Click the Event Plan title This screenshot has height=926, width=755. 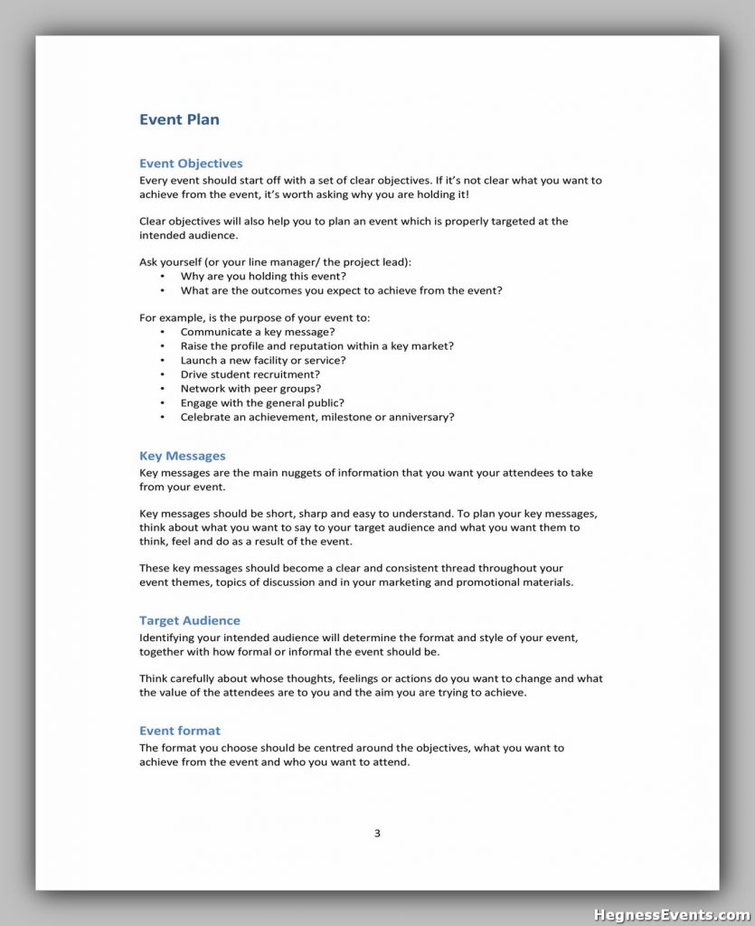pos(179,119)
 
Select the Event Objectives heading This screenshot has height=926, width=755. pos(191,164)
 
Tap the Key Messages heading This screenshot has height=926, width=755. pos(183,456)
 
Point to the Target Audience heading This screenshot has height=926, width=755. pos(190,620)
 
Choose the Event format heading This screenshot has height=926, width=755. pos(180,731)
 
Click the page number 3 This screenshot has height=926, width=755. pos(377,834)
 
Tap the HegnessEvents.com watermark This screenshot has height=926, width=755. pos(671,914)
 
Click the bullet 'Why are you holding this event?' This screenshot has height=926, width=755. pos(263,276)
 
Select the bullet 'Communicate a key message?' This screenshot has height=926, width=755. pos(258,332)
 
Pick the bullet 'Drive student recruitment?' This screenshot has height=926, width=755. pos(250,374)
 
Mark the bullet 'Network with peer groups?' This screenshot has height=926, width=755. pos(251,389)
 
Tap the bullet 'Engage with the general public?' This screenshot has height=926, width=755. pos(262,403)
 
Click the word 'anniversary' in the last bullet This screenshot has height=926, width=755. pos(420,418)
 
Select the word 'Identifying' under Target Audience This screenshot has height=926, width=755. pos(169,638)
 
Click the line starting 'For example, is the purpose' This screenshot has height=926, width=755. pos(255,317)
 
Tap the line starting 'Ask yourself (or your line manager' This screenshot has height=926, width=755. pos(275,262)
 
